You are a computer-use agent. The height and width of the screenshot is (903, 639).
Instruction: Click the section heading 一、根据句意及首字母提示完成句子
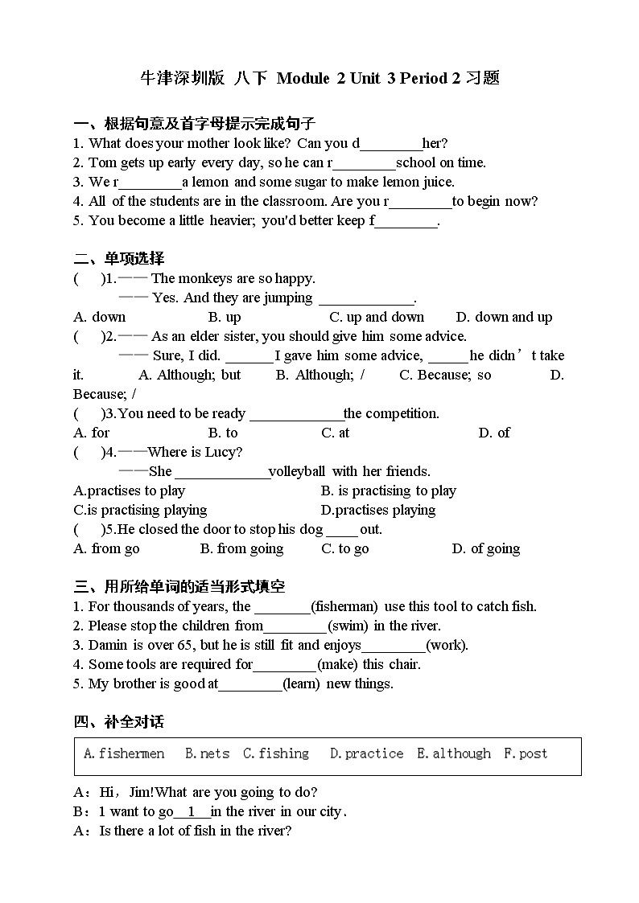194,124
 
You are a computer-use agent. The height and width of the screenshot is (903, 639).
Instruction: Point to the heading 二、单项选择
119,259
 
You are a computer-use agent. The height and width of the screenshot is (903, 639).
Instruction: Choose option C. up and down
377,317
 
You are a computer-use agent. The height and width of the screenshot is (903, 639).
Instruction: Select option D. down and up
504,317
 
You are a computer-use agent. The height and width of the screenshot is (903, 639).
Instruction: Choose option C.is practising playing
140,510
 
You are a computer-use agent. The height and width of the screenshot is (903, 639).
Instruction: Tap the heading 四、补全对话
119,722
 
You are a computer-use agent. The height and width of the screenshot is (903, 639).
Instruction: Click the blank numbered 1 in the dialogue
192,811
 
